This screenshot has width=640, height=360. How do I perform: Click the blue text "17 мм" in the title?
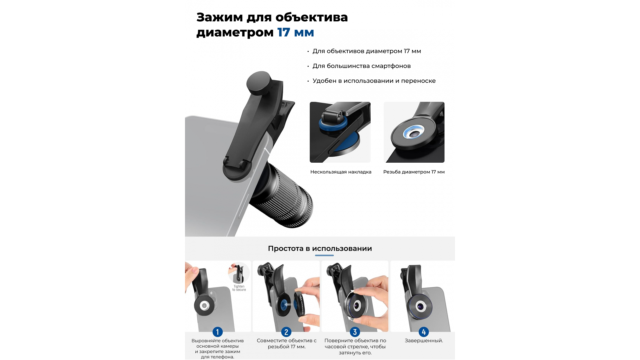296,32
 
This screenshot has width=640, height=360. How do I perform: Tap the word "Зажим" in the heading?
220,17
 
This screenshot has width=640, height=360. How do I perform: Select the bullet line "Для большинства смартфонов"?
361,66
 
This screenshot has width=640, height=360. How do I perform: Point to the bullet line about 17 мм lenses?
367,51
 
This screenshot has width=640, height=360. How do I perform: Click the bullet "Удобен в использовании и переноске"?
374,81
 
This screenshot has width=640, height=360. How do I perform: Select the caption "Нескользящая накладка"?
341,172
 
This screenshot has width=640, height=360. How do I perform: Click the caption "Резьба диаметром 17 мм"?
414,172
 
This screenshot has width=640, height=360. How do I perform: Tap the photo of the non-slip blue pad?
340,132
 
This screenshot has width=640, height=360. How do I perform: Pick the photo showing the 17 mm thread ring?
414,132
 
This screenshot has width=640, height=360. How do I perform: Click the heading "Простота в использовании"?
320,249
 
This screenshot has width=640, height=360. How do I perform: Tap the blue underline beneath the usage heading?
324,255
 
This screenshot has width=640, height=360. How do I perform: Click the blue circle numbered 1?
218,332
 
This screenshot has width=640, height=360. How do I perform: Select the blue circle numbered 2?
286,332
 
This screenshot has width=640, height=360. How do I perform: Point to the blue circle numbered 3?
355,332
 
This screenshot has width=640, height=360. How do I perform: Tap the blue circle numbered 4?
424,332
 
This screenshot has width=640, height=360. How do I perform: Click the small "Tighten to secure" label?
239,288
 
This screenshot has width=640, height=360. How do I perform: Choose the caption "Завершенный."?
424,341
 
